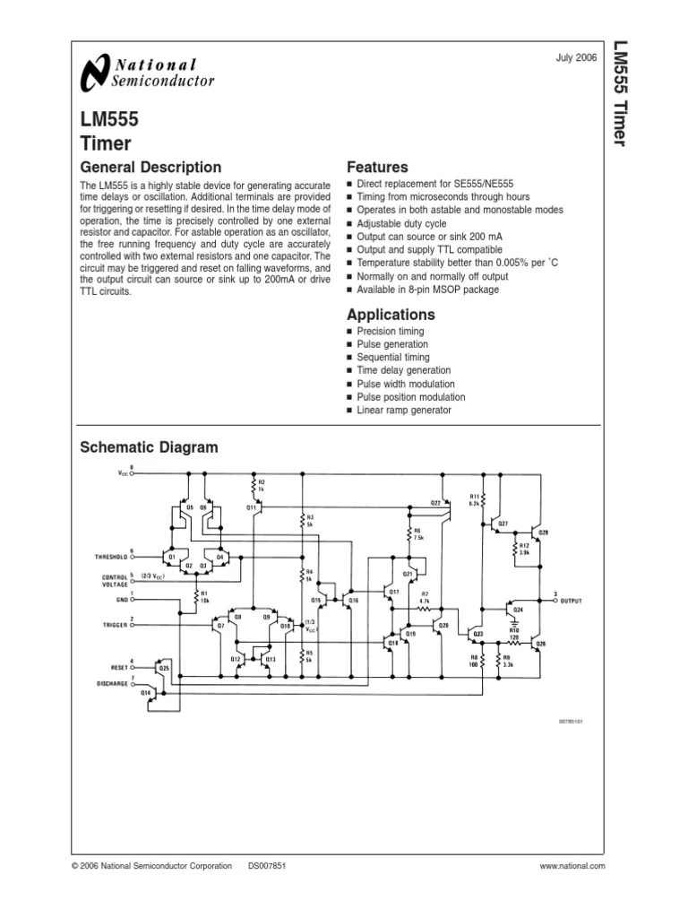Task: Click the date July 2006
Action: coord(577,58)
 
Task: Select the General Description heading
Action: coord(150,168)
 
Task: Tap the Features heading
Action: coord(377,168)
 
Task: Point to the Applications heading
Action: coord(391,315)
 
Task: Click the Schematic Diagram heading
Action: coord(149,447)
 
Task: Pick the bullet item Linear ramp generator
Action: coord(404,411)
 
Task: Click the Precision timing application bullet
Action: coord(391,332)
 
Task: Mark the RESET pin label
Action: coord(117,668)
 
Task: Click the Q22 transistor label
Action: coord(435,503)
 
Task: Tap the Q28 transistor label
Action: coord(543,533)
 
